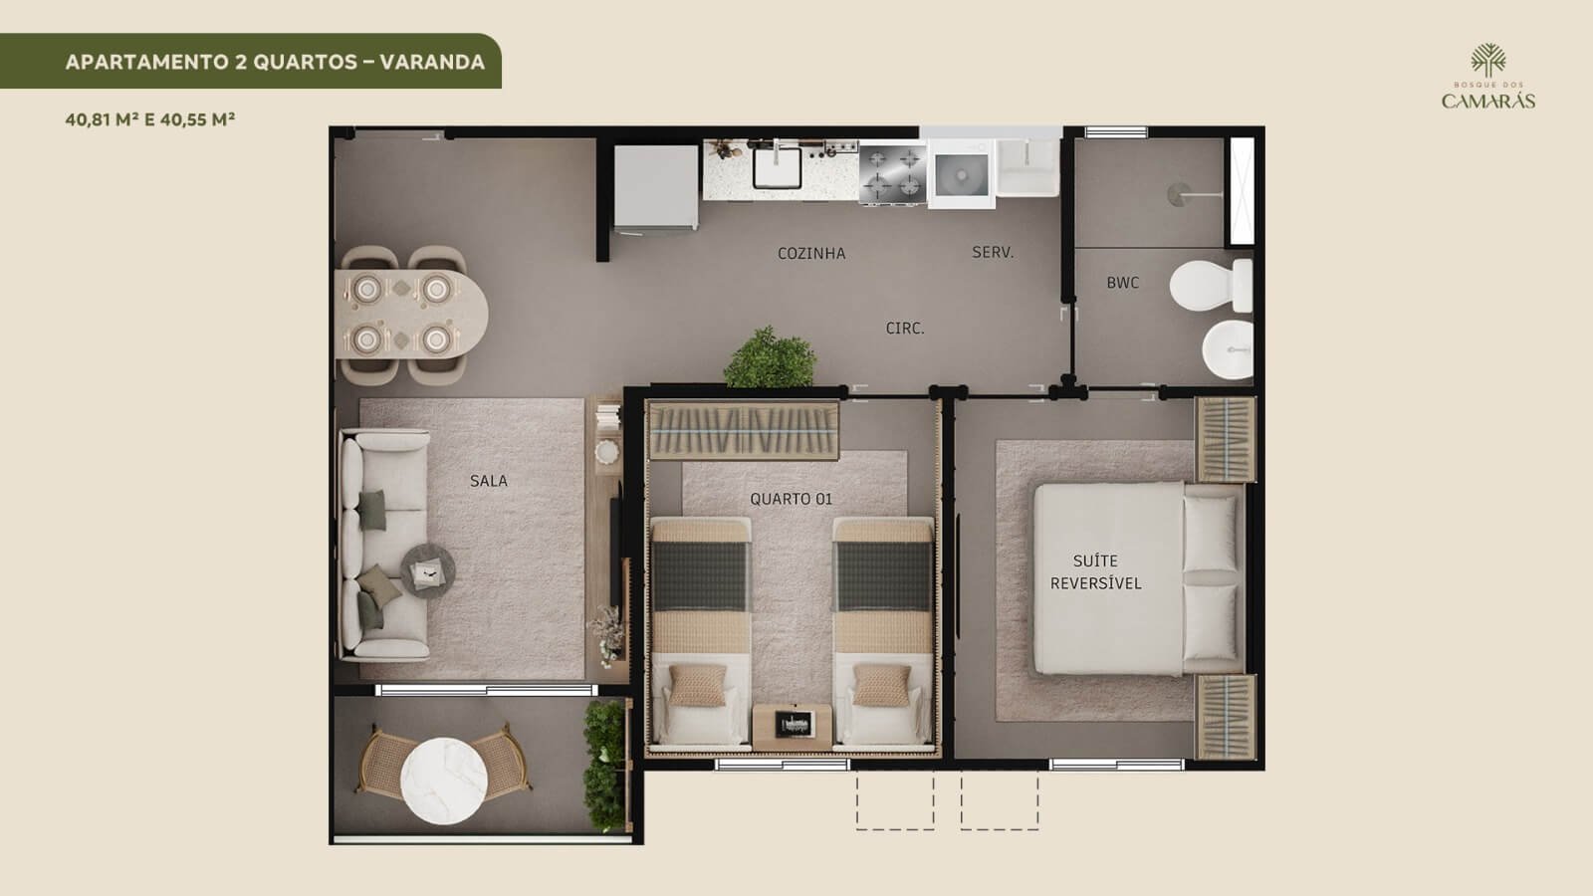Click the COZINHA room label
(x=811, y=253)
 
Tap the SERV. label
(x=993, y=252)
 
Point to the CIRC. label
(x=905, y=328)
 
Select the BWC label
(x=1122, y=283)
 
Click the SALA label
(x=489, y=481)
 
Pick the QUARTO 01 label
(x=791, y=499)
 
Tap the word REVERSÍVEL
(x=1095, y=583)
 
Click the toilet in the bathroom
(x=1211, y=285)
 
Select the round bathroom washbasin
(x=1229, y=349)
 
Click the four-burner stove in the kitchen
(x=893, y=174)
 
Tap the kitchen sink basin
(x=778, y=168)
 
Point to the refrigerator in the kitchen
(x=656, y=188)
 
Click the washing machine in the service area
(x=962, y=174)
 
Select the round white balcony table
(x=444, y=781)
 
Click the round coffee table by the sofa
(x=427, y=571)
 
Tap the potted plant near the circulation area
(x=771, y=357)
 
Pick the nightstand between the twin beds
(x=793, y=727)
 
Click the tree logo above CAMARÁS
(x=1487, y=60)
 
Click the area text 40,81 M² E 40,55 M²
(x=150, y=119)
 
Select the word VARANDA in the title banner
(x=432, y=62)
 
